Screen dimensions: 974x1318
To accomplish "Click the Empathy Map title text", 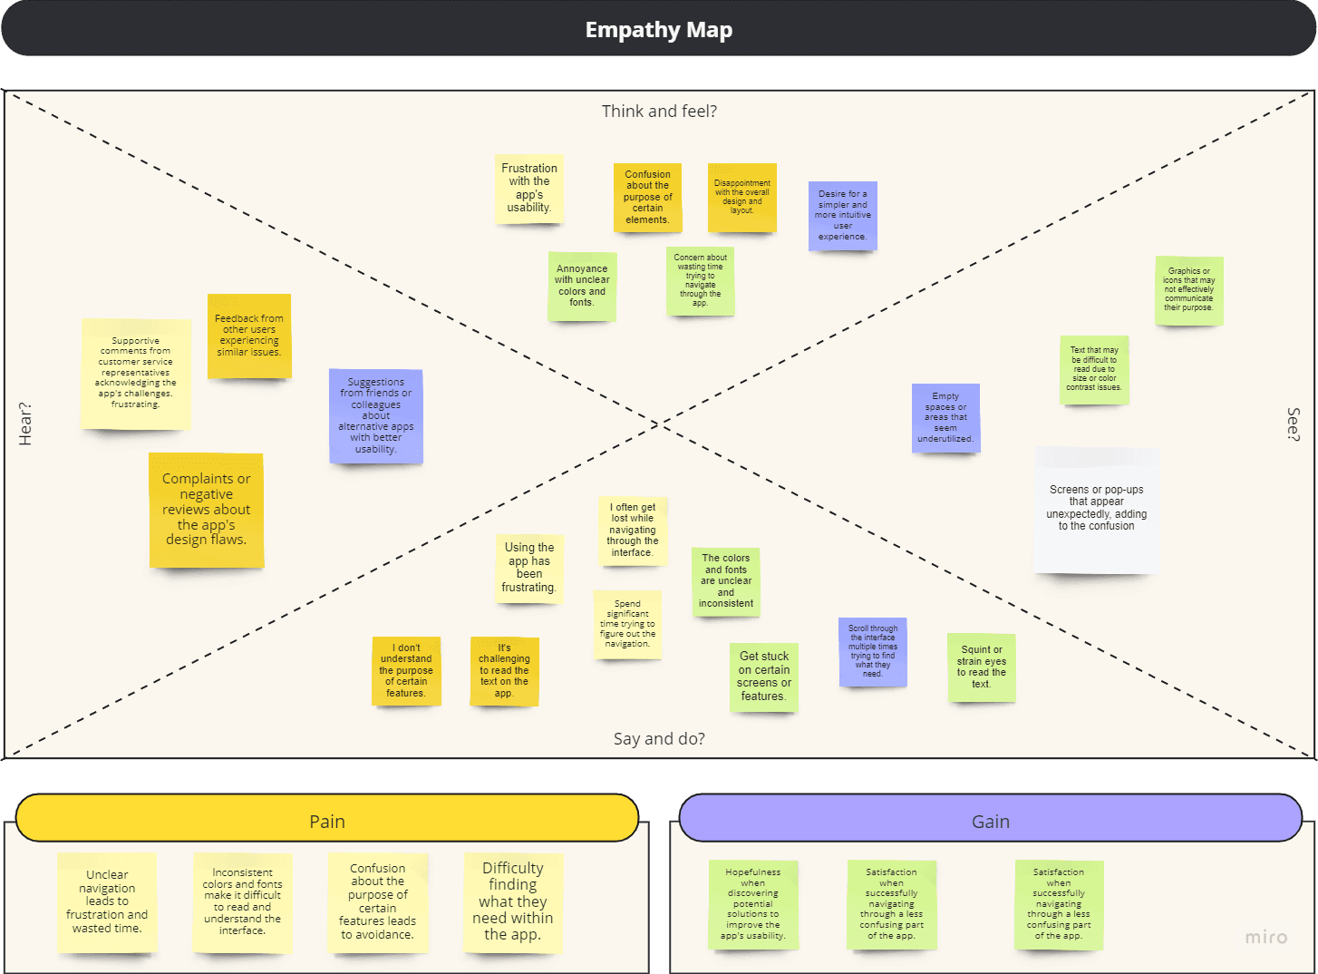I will (x=659, y=30).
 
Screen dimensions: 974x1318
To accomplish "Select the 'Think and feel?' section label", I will (x=659, y=112).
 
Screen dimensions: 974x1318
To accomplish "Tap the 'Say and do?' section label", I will (x=659, y=739).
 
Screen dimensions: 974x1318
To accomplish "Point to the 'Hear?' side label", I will (x=25, y=424).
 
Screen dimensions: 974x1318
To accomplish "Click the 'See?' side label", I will (x=1294, y=424).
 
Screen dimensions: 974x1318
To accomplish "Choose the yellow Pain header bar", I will (x=327, y=819).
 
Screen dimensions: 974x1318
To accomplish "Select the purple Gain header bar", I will (x=990, y=819).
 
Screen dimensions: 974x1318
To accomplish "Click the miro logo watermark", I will (x=1265, y=937).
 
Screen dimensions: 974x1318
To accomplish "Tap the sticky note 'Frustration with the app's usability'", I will (x=529, y=189).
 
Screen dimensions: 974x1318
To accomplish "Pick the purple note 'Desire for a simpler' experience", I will (x=843, y=216).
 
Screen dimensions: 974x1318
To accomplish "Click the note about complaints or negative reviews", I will (x=207, y=510).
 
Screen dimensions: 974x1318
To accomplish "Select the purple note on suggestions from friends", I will (x=376, y=416).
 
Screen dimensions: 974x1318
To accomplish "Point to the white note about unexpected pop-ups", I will (x=1097, y=509).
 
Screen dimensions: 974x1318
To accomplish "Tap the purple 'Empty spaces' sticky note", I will (x=945, y=418).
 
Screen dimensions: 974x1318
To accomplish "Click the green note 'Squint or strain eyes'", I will (x=982, y=667).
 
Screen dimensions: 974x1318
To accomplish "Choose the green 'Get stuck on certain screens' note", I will (x=764, y=677).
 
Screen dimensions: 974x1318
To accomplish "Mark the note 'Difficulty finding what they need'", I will (x=513, y=901).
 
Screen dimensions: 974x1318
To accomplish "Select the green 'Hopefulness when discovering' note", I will (x=753, y=904).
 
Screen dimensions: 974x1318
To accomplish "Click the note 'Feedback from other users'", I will (x=249, y=336).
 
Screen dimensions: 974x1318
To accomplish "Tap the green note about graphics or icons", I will (x=1189, y=290).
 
